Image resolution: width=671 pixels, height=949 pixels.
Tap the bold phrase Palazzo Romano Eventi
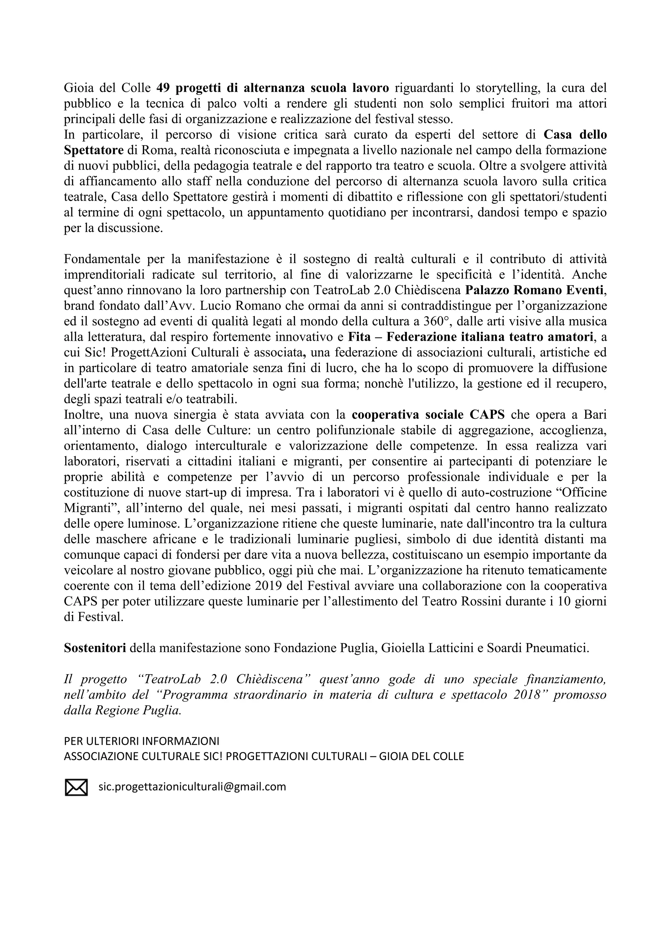click(x=535, y=290)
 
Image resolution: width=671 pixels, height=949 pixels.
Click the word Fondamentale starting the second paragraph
click(x=102, y=259)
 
